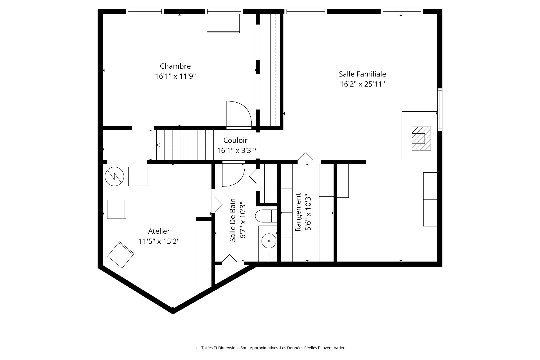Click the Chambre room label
pos(175,66)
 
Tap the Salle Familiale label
pos(362,74)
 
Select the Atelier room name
pos(159,231)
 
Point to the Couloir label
pos(235,140)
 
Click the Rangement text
pos(298,212)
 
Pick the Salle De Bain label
pos(233,220)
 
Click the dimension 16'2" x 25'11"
pos(362,84)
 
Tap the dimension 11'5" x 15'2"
pos(159,241)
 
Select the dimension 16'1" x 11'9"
pos(175,76)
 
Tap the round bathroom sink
pos(269,241)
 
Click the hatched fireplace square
pos(421,139)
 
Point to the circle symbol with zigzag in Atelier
pos(114,176)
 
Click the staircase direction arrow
pos(185,145)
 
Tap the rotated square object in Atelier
pos(121,255)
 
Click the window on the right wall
pos(440,109)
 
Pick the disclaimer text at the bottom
pos(270,348)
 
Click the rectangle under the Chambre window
pos(223,23)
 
